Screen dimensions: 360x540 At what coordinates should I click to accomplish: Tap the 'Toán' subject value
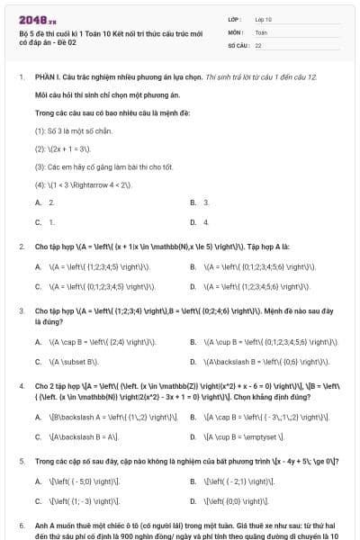262,31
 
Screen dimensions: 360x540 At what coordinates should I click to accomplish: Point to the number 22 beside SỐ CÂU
258,44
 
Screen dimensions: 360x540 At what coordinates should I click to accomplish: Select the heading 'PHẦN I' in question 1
49,77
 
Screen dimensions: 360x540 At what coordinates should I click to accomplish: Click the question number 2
22,246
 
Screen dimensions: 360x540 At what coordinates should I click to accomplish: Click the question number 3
22,310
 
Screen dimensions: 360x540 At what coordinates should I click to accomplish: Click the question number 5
22,461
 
